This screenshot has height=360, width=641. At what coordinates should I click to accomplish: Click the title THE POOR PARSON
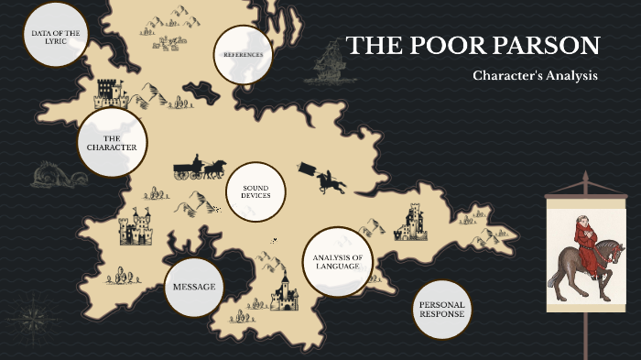click(473, 46)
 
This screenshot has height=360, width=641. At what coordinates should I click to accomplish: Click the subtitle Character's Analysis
click(535, 75)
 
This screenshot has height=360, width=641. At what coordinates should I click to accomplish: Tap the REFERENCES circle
click(243, 54)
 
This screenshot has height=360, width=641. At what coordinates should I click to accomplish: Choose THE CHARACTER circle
click(112, 142)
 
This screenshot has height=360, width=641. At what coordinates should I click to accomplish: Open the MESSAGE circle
click(194, 287)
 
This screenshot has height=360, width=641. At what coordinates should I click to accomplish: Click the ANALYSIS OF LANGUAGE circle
click(338, 262)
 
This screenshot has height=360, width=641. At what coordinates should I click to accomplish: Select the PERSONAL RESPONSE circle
click(442, 309)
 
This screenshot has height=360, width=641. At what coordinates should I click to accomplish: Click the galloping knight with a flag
click(324, 178)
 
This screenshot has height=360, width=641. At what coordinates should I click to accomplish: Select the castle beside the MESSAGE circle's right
click(284, 292)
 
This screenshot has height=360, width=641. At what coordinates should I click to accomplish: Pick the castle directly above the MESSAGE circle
click(136, 227)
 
